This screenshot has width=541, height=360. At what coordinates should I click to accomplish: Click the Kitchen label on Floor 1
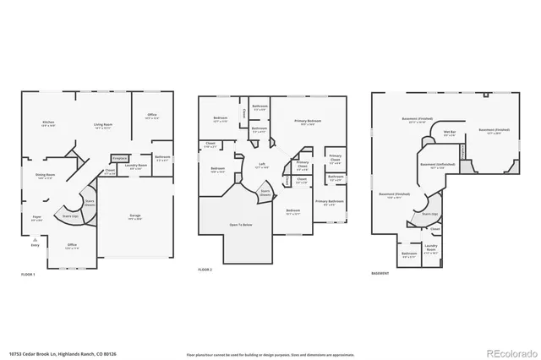48,124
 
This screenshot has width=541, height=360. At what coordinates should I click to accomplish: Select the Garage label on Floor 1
134,216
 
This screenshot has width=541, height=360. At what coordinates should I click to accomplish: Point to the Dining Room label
45,176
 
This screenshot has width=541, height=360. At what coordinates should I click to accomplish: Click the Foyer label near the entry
37,218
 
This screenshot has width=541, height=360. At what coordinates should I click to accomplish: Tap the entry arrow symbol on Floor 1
35,239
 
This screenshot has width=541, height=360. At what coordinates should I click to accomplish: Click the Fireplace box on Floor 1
119,158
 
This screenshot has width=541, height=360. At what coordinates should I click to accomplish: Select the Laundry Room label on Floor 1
136,166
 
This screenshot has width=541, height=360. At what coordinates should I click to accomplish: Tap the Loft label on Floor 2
263,166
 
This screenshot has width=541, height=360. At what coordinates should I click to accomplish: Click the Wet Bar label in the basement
450,134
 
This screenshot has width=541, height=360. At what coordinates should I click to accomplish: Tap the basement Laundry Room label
430,249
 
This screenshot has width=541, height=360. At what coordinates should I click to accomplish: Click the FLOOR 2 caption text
205,270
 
